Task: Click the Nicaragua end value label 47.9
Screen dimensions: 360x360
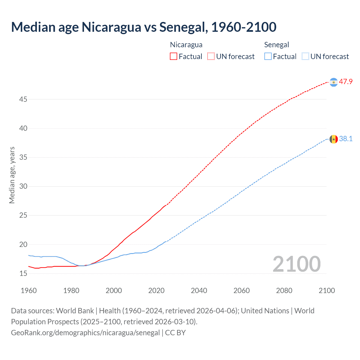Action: coord(346,82)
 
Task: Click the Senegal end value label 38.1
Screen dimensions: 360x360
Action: coord(346,139)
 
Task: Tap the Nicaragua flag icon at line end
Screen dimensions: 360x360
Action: coord(334,82)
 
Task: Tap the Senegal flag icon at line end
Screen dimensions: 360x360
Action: coord(334,139)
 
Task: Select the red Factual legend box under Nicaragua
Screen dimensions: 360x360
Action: coord(174,56)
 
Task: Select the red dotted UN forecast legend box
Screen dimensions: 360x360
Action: coord(211,56)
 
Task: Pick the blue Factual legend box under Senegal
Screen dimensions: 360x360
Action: coord(268,56)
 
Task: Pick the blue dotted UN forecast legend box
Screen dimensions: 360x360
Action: coord(305,56)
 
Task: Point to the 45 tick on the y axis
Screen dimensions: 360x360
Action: coord(23,99)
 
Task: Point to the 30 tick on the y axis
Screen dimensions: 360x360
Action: coord(23,186)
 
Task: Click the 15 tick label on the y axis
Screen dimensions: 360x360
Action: coord(23,273)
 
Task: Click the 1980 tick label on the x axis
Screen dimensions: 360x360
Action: coord(71,291)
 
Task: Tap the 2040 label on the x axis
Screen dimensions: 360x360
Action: coord(199,291)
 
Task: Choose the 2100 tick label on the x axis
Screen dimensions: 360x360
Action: coord(327,291)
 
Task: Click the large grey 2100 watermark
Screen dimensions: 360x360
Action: coord(296,264)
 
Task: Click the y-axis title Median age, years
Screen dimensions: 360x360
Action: coord(12,175)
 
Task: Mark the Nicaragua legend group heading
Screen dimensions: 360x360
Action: coord(186,45)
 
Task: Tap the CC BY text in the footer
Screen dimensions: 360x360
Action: coord(175,333)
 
